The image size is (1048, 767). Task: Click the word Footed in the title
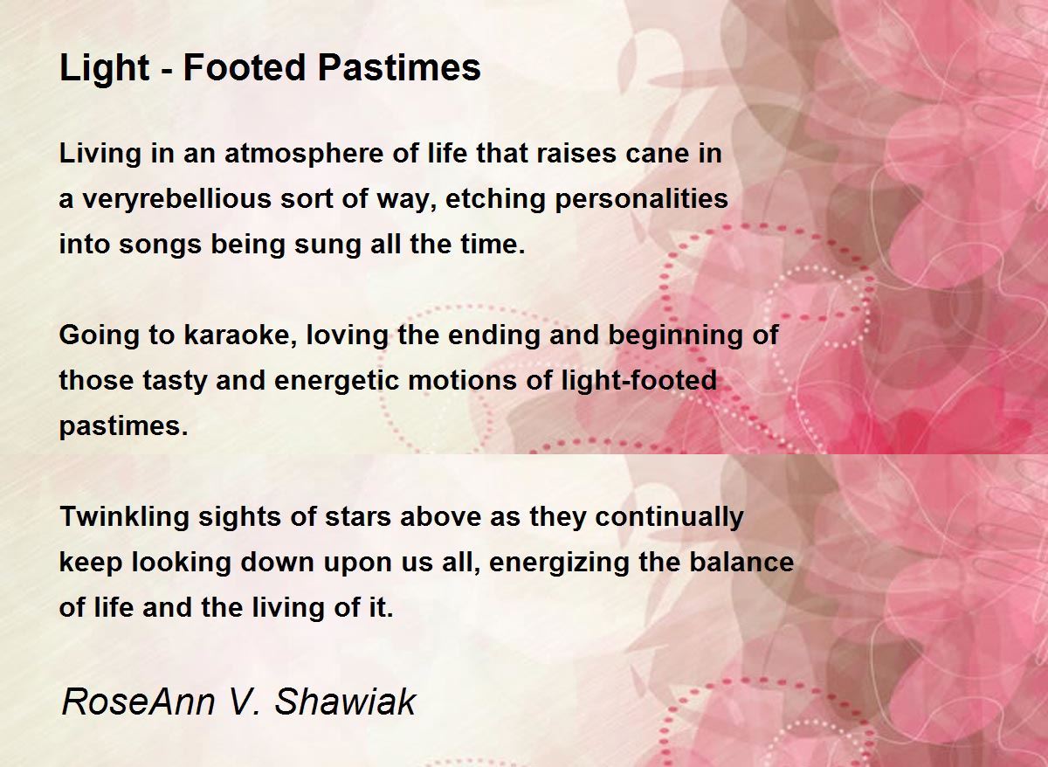245,67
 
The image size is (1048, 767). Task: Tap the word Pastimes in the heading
399,67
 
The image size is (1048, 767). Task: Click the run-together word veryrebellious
177,200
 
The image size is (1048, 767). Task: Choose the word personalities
642,200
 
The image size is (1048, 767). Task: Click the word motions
462,381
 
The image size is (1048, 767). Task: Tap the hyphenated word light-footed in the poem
638,381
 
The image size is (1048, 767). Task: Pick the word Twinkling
124,517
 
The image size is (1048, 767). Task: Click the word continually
670,517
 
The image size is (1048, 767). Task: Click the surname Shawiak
345,702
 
